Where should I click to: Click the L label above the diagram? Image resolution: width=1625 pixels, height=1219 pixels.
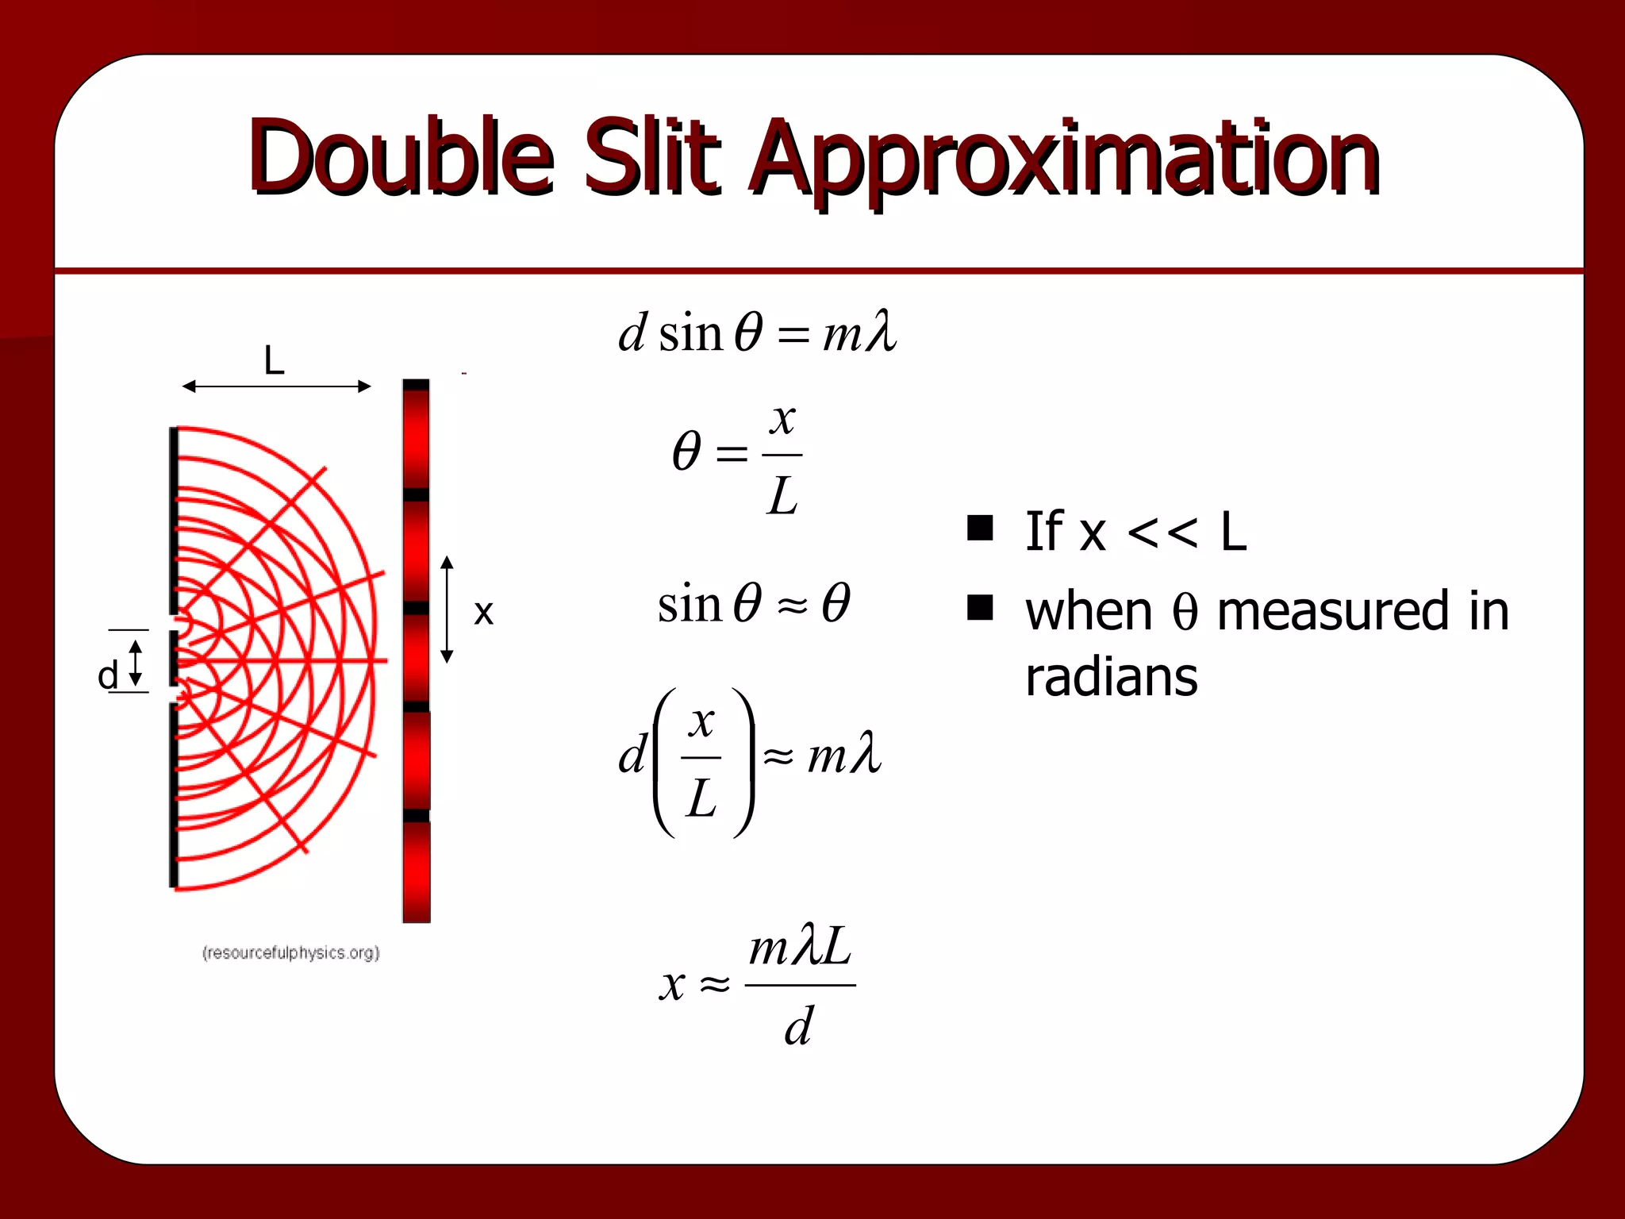point(274,361)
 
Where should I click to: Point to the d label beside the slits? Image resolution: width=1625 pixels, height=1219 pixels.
point(107,675)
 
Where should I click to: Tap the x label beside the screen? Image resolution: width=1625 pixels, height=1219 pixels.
point(483,613)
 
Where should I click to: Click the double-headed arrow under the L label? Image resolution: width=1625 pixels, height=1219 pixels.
point(276,386)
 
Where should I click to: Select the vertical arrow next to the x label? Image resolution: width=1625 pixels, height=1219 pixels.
point(447,609)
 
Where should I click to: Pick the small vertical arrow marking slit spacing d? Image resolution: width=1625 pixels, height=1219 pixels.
point(136,663)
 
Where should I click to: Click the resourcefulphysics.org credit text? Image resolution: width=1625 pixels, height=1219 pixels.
point(291,952)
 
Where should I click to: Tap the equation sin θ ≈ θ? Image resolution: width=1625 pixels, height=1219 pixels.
point(754,603)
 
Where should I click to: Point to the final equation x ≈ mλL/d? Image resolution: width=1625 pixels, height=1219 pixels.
point(758,984)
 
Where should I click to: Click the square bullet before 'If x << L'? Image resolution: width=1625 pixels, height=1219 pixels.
point(981,528)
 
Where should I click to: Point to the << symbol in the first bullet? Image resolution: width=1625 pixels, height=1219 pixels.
point(1162,532)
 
